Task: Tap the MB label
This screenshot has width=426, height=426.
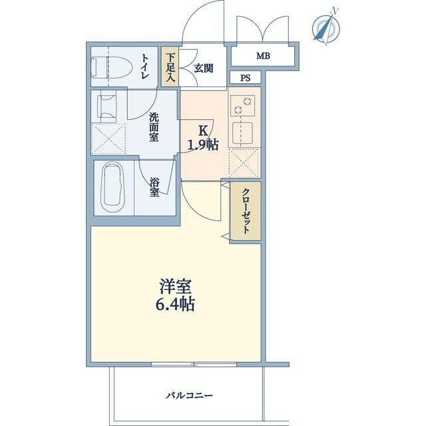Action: point(264,56)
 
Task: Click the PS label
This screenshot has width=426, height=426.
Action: point(246,78)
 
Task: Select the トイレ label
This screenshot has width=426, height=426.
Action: point(144,67)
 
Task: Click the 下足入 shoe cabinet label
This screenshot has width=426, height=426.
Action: point(170,67)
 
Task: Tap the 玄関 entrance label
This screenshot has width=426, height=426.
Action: point(204,67)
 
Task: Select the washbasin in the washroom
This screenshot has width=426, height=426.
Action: point(108,106)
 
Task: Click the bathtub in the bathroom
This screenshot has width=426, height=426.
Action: point(114,188)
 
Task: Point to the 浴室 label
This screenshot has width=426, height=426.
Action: point(154,186)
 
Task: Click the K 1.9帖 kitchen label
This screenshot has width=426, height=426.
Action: point(202,138)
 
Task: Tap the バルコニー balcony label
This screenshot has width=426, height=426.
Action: point(190,395)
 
